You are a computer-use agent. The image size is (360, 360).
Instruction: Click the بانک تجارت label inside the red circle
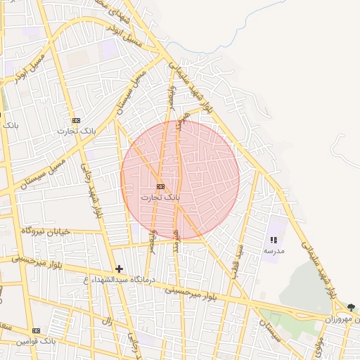[x=161, y=198]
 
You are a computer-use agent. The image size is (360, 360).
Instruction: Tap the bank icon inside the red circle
[x=161, y=186]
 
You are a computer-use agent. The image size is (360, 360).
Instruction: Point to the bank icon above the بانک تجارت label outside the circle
[x=76, y=120]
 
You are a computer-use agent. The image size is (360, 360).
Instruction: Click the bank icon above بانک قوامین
[x=37, y=330]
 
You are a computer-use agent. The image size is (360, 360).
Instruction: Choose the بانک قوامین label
[x=37, y=341]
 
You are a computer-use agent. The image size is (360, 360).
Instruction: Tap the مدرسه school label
[x=274, y=250]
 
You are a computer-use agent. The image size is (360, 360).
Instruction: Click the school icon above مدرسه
[x=274, y=240]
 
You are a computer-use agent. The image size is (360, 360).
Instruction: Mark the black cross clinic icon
[x=120, y=269]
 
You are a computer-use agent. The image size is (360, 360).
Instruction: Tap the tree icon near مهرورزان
[x=351, y=307]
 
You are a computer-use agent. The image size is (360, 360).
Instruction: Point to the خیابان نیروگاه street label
[x=46, y=231]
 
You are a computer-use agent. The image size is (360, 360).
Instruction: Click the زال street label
[x=108, y=321]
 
